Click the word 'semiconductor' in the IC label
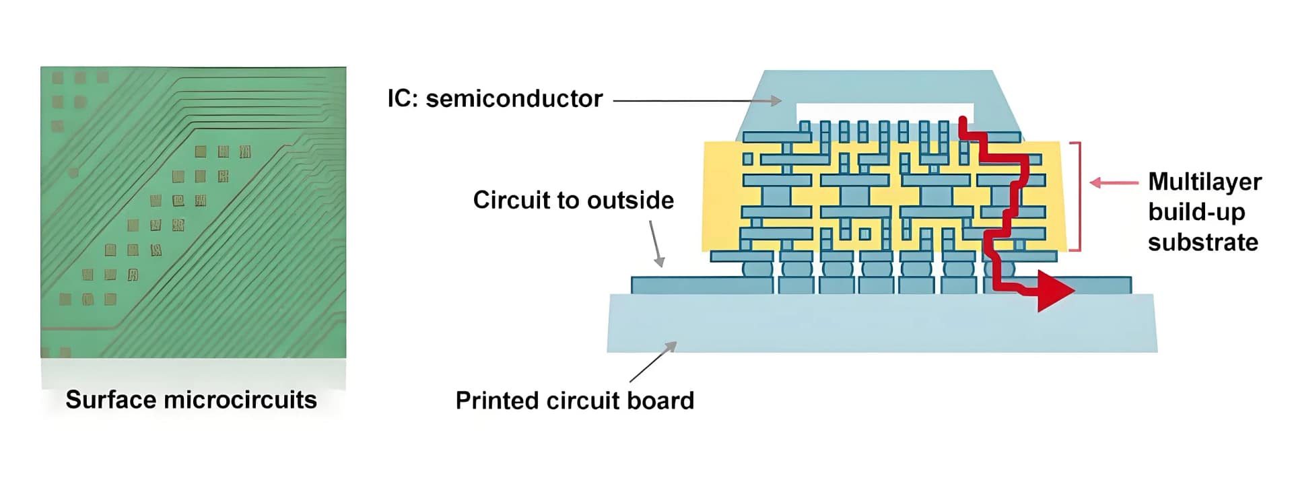(514, 99)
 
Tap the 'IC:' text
(404, 99)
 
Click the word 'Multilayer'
(1204, 182)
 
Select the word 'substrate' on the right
(1202, 242)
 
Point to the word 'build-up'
(1196, 212)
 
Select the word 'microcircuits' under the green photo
(240, 400)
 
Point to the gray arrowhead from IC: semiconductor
(776, 101)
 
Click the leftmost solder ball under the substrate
(757, 269)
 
